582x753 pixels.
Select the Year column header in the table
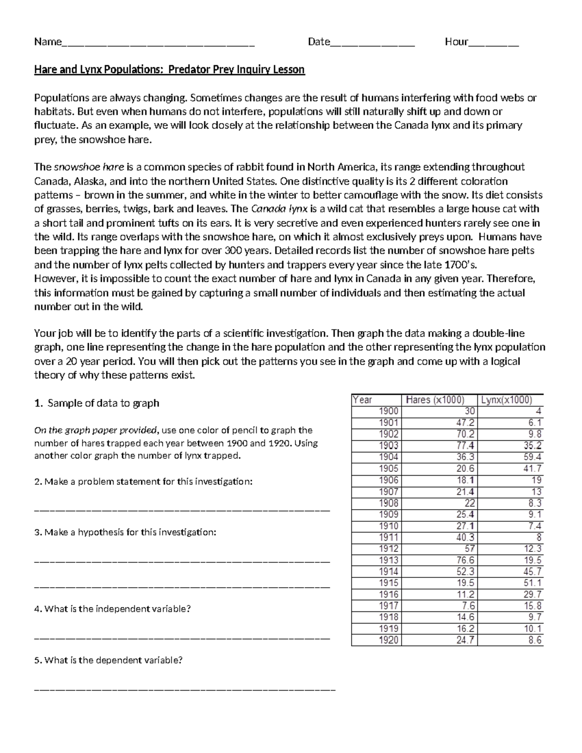point(363,400)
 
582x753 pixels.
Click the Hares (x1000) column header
point(435,400)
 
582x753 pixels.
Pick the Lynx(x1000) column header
point(506,400)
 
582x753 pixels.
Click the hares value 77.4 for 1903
point(465,446)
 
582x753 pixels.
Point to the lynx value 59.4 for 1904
point(532,457)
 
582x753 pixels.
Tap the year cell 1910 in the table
point(388,526)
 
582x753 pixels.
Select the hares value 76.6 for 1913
point(465,560)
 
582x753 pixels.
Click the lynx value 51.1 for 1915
point(532,583)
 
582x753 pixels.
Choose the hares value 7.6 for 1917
point(469,606)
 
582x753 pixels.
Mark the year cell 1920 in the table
point(388,640)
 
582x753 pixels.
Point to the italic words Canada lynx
point(280,209)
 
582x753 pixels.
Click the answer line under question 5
point(184,688)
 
